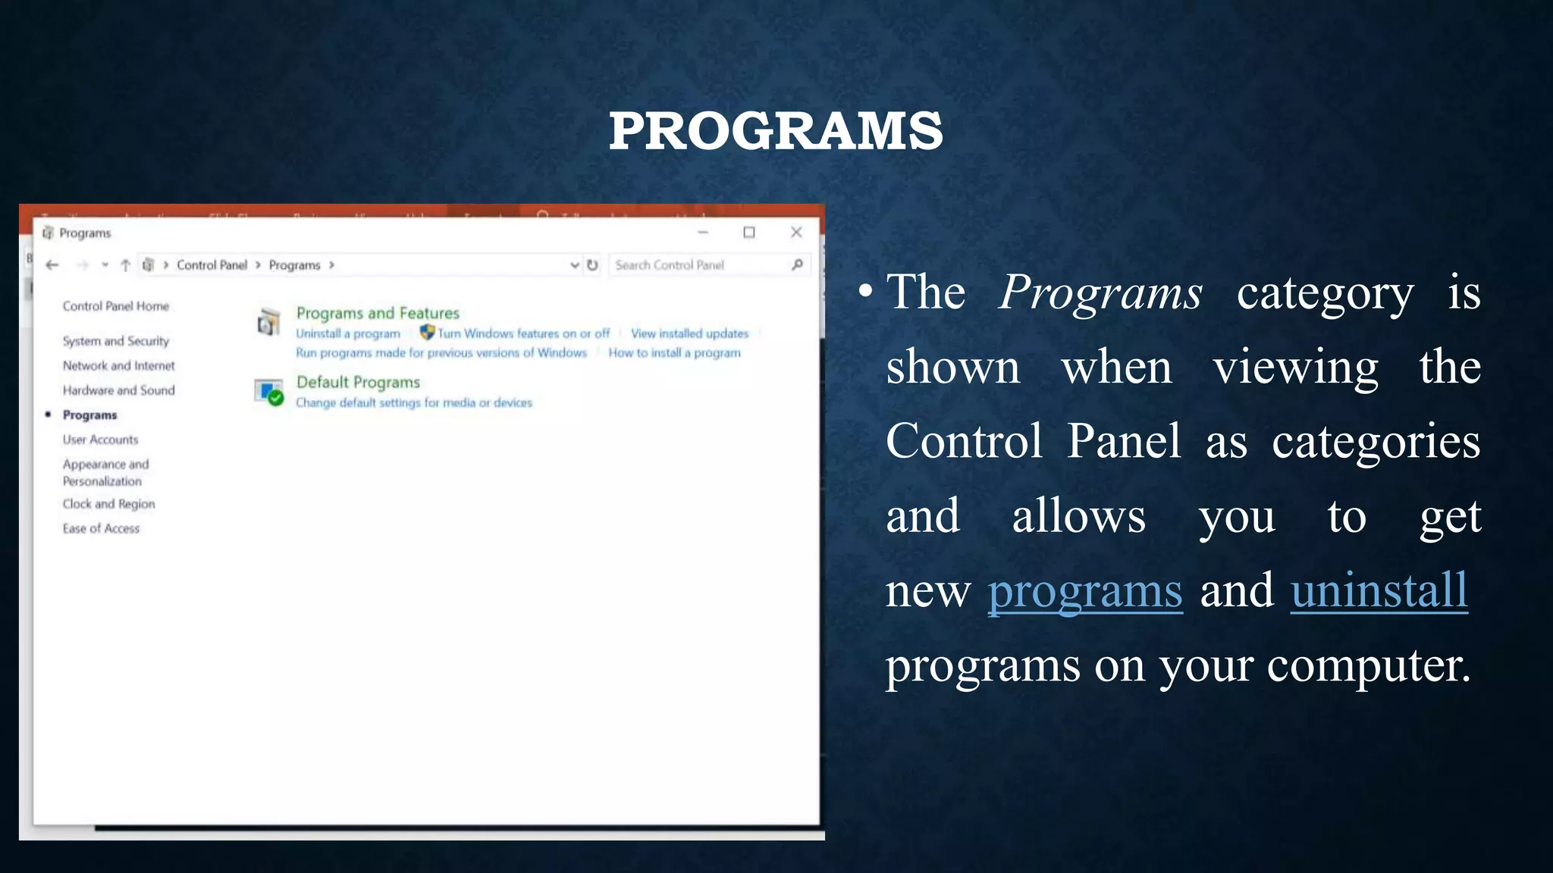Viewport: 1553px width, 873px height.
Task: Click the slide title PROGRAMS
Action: click(x=776, y=130)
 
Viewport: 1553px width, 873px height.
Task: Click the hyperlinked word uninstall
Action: click(x=1379, y=590)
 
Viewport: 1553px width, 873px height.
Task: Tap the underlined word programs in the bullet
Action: click(x=1084, y=590)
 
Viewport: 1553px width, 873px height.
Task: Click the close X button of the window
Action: click(x=796, y=233)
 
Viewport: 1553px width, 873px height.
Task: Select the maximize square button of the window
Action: click(x=749, y=233)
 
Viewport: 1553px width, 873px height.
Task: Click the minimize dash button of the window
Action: click(x=703, y=233)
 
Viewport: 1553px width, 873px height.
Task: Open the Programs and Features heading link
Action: click(x=378, y=313)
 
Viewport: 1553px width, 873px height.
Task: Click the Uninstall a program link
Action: click(x=348, y=333)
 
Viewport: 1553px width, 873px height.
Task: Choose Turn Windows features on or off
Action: click(x=523, y=333)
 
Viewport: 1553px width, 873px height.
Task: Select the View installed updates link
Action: click(x=689, y=333)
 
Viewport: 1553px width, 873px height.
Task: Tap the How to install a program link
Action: click(x=674, y=353)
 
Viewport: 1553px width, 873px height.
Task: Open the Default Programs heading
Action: click(x=358, y=382)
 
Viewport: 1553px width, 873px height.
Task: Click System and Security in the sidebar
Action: click(x=116, y=341)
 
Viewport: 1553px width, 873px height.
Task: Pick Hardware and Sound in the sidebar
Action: click(x=118, y=390)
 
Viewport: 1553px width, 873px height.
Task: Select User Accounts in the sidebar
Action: click(x=100, y=440)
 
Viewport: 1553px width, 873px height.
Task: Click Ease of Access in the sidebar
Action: click(x=101, y=529)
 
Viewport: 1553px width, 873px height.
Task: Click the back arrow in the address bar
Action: click(x=52, y=265)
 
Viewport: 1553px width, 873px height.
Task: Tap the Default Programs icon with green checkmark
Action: click(x=268, y=392)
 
